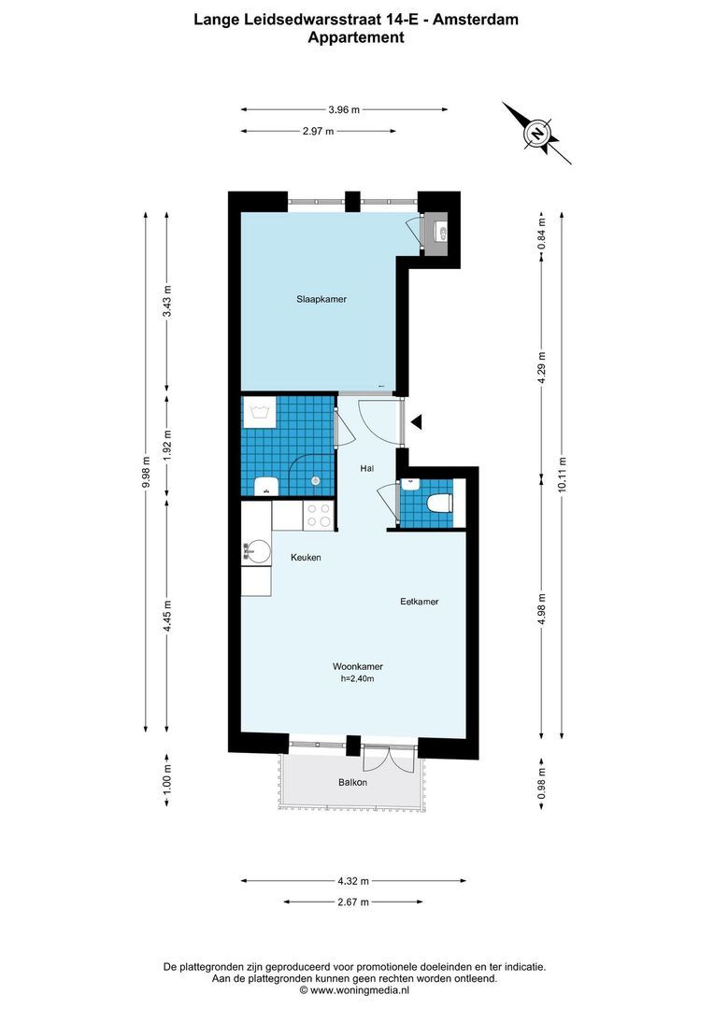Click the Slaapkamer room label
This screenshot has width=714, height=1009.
tap(321, 300)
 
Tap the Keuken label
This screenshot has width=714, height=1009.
tap(306, 558)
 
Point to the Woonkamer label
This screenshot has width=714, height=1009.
tap(358, 667)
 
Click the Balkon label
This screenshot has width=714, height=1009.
tap(352, 782)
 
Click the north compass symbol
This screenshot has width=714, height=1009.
tap(538, 134)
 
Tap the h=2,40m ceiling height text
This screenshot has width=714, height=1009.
tap(358, 679)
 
